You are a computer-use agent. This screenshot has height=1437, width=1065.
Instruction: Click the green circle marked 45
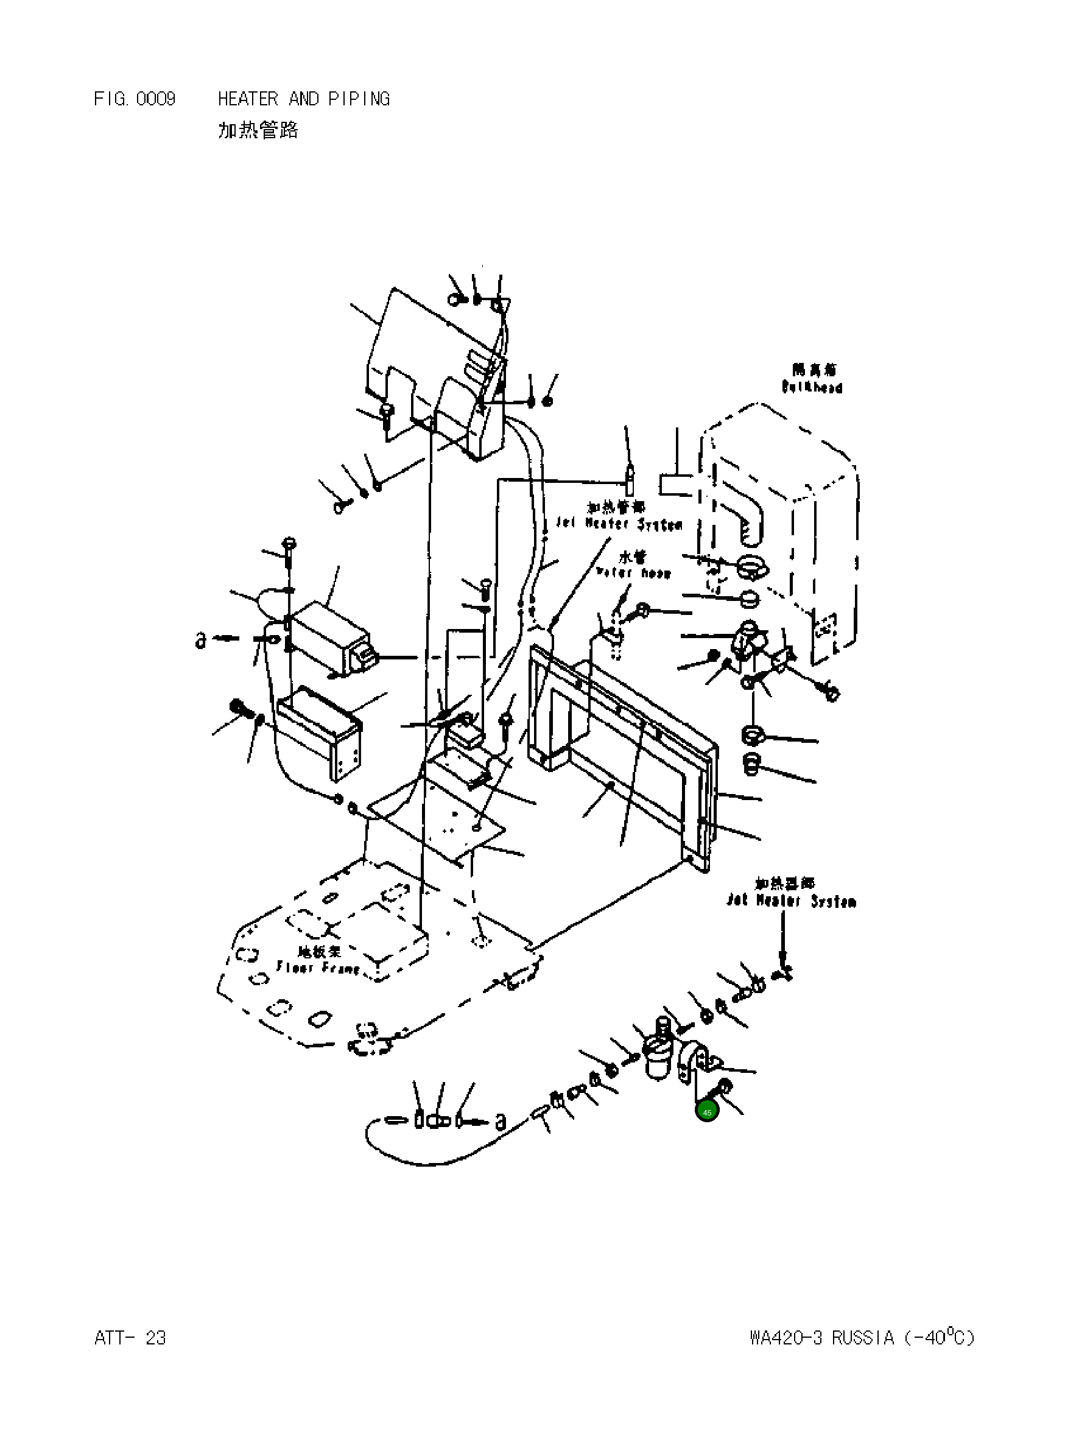click(707, 1112)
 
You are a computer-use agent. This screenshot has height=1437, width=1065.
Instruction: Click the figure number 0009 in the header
click(155, 99)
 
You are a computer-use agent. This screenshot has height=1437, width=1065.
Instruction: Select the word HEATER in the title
click(248, 99)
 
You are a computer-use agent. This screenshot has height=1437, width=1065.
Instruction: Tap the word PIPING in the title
click(359, 99)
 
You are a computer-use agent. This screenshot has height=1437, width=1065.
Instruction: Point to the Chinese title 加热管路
click(258, 131)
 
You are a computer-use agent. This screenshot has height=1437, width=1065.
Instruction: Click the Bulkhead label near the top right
click(812, 387)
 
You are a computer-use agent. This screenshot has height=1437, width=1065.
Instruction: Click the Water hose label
click(634, 572)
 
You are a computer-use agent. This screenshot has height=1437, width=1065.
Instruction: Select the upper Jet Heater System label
click(619, 524)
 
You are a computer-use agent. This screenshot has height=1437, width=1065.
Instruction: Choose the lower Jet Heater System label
click(791, 901)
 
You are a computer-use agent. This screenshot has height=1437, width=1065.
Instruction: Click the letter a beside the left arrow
click(200, 640)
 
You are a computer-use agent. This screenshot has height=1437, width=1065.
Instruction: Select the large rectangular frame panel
click(622, 754)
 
